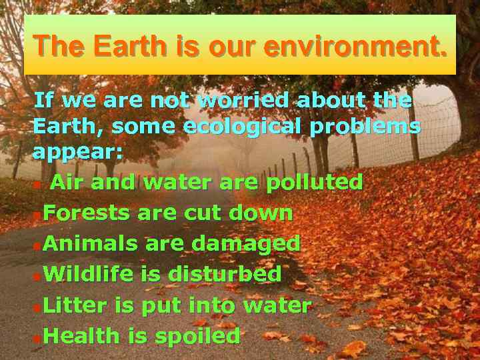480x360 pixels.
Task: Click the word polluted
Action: click(314, 182)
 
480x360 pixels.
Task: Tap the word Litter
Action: click(75, 306)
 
